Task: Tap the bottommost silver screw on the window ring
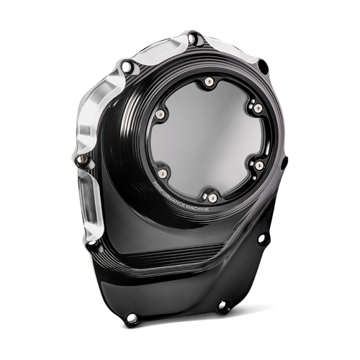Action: click(212, 197)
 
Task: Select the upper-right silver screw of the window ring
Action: click(258, 109)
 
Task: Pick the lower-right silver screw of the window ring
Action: click(259, 165)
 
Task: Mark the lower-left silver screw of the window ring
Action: click(163, 173)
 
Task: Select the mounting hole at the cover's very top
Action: click(193, 38)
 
